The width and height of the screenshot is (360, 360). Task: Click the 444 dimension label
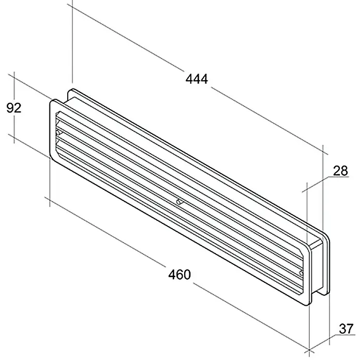click(x=197, y=79)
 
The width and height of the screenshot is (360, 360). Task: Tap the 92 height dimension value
click(x=14, y=108)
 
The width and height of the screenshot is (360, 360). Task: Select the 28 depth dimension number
click(x=340, y=171)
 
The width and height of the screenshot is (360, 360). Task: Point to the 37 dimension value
click(x=346, y=329)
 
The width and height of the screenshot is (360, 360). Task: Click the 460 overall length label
click(x=179, y=274)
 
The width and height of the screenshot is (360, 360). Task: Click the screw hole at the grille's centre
click(x=178, y=202)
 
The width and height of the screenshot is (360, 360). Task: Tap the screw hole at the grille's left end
click(x=58, y=132)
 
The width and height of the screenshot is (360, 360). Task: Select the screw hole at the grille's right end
click(x=302, y=273)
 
